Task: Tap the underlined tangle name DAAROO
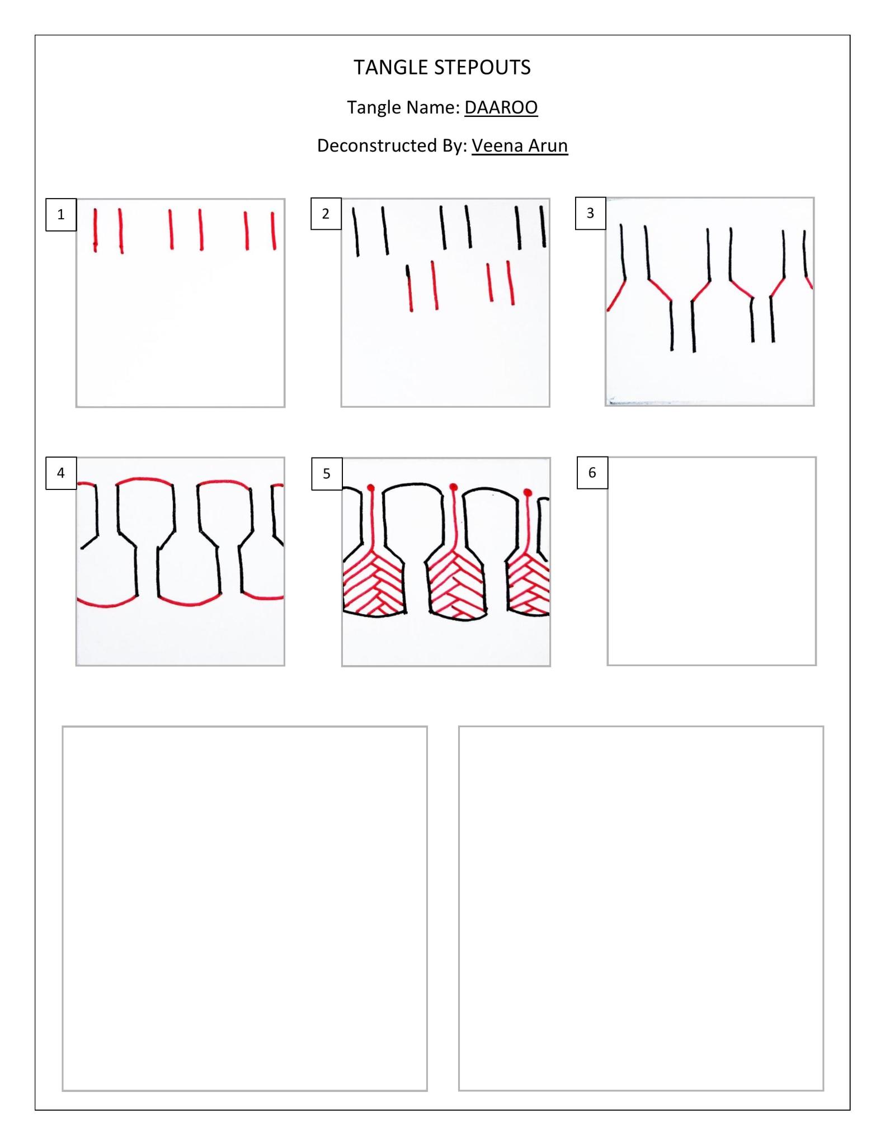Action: point(501,107)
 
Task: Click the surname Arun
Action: point(549,145)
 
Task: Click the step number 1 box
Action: point(61,214)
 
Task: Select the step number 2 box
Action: point(326,214)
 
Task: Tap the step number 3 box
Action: point(590,213)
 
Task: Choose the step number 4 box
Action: point(61,473)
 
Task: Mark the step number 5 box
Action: point(327,474)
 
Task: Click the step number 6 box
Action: point(592,473)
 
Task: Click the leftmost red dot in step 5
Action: point(370,487)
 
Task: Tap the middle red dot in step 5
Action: point(453,486)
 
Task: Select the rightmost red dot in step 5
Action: point(527,492)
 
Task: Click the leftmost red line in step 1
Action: point(96,230)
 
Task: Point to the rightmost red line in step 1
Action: point(273,230)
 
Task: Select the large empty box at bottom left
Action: point(244,908)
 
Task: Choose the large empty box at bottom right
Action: point(641,908)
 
